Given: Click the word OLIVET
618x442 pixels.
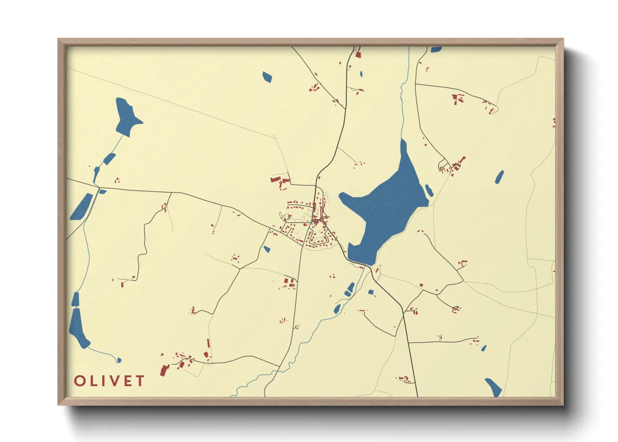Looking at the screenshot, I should pyautogui.click(x=109, y=381).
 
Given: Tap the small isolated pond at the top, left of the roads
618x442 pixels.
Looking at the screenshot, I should pyautogui.click(x=267, y=77).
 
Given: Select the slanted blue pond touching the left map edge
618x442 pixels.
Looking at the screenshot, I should pyautogui.click(x=81, y=207).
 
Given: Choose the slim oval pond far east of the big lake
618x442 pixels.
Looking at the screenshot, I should pyautogui.click(x=499, y=177).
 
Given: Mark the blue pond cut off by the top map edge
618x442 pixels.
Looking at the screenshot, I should pyautogui.click(x=436, y=49).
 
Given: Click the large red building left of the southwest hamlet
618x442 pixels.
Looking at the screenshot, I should pyautogui.click(x=164, y=370).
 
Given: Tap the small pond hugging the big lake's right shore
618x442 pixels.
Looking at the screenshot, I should pyautogui.click(x=429, y=191).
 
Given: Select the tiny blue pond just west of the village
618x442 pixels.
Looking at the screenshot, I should pyautogui.click(x=266, y=249).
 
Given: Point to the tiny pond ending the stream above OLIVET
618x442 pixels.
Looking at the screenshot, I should pyautogui.click(x=119, y=360).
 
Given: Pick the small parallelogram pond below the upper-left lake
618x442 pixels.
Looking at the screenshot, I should pyautogui.click(x=109, y=159).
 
